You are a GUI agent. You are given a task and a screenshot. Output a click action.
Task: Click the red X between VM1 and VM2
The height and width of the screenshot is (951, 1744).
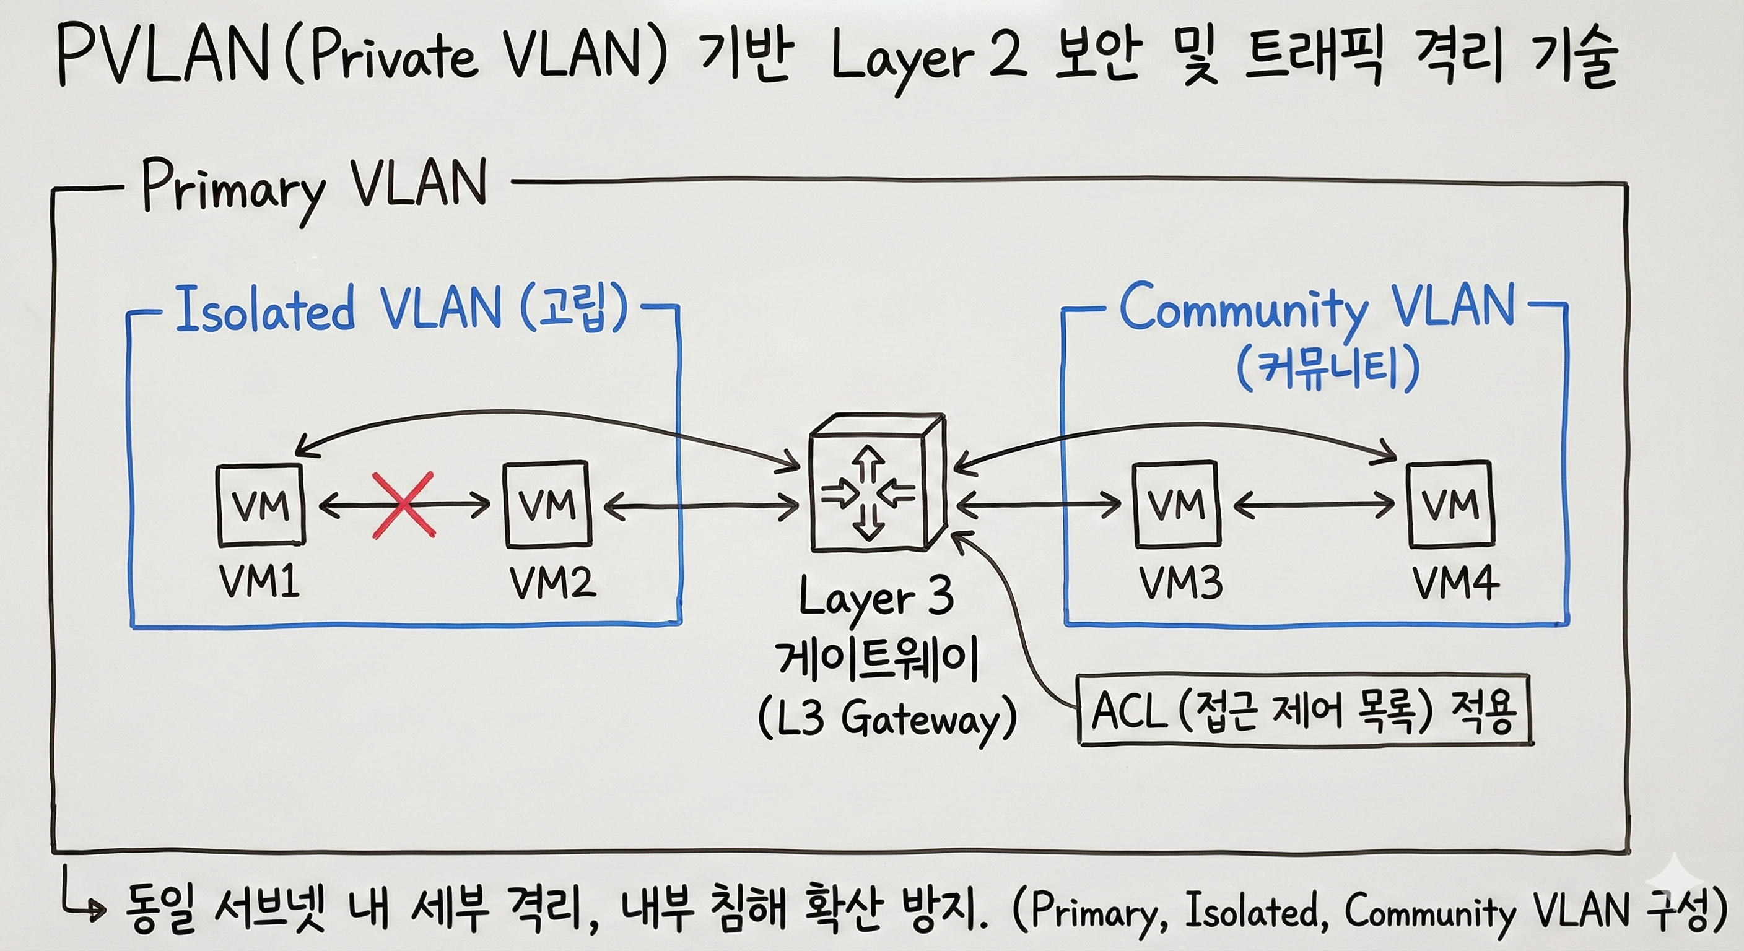tap(404, 505)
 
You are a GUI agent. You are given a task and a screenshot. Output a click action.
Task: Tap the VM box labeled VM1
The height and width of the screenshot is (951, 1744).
tap(261, 505)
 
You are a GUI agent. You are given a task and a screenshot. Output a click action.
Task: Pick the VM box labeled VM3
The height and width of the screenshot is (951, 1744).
tap(1176, 504)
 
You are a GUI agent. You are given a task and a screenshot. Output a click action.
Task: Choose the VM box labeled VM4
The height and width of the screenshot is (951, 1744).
tap(1450, 504)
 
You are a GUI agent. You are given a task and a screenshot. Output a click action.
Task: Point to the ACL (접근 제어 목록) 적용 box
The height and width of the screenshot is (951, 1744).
tap(1303, 711)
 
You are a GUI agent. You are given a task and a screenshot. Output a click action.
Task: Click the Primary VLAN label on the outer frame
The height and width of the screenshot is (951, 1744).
tap(313, 186)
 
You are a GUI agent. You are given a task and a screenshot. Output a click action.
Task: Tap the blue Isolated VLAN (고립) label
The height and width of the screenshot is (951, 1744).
tap(401, 310)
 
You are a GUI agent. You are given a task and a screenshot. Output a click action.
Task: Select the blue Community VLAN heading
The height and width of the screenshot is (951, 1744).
tap(1316, 307)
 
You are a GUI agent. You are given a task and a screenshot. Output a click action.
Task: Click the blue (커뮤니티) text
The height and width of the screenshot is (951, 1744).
tap(1327, 368)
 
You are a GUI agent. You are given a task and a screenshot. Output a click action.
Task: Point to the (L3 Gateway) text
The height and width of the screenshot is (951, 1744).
tap(887, 719)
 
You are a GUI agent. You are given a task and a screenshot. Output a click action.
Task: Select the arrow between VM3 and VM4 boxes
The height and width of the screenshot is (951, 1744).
tap(1314, 505)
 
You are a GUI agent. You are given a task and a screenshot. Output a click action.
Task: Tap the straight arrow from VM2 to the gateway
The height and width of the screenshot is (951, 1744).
tap(700, 506)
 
